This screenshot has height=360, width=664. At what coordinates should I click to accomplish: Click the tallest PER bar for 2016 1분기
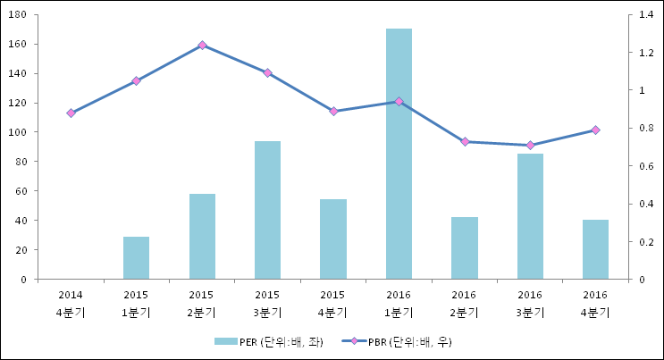point(399,154)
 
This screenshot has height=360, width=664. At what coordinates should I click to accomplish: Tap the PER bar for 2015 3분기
point(267,210)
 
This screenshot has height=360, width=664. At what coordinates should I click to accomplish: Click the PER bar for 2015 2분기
point(202,236)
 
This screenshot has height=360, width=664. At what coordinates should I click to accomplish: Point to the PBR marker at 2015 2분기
point(202,45)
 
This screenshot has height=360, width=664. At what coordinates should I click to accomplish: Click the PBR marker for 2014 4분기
point(71,113)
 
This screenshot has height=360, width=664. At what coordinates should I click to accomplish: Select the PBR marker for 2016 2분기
point(465,141)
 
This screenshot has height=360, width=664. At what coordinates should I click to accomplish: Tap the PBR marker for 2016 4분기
point(595,130)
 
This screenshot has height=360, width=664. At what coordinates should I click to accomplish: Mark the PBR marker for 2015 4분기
point(333,111)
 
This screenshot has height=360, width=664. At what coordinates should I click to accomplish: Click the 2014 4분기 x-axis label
point(71,303)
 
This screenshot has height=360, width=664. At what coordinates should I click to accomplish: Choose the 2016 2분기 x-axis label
point(465,303)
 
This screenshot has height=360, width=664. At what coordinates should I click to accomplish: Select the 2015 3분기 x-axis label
point(267,303)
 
